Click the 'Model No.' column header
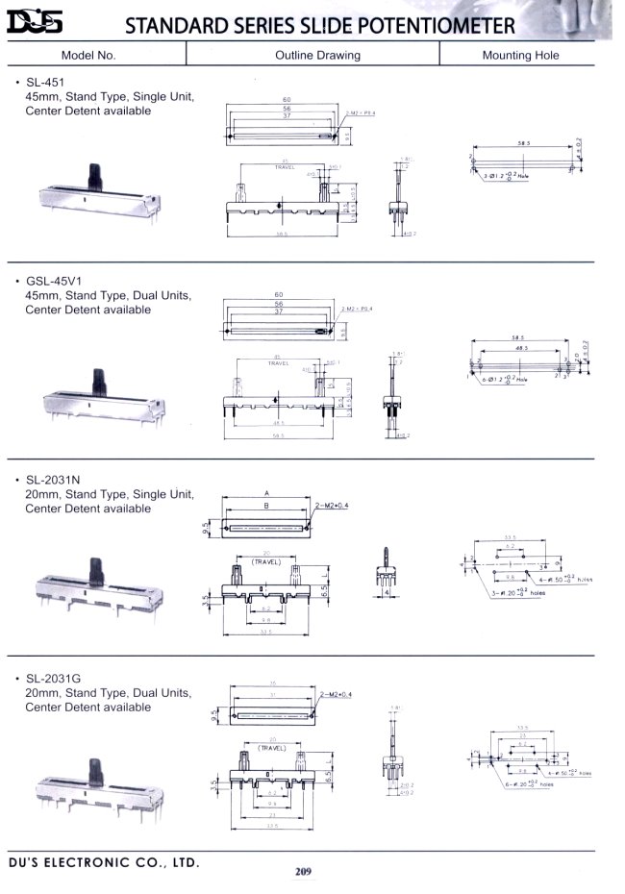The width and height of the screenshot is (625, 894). [87, 55]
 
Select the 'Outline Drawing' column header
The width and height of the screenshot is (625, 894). [317, 55]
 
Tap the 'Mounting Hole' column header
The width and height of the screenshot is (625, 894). [520, 55]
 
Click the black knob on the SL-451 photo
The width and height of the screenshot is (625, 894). [94, 177]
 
